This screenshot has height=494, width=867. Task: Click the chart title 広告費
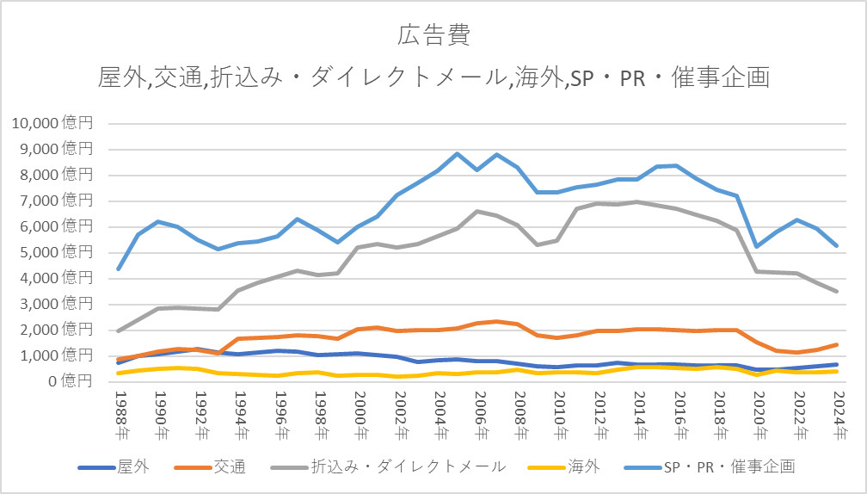(x=433, y=36)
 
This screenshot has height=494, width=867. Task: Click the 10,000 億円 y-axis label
(x=57, y=123)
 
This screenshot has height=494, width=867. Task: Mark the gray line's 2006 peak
(x=478, y=211)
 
